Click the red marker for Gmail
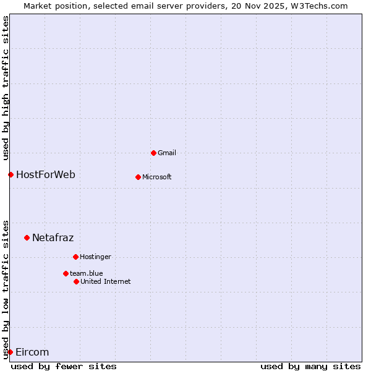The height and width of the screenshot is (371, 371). tap(153, 153)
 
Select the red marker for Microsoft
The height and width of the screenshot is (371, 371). tap(138, 177)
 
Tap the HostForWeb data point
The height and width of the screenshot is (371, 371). tap(11, 174)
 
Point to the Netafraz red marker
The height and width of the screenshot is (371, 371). tap(27, 237)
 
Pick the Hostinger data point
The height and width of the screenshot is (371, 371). tap(75, 257)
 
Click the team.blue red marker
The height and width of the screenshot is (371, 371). tap(66, 273)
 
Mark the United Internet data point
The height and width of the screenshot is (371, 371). tap(76, 281)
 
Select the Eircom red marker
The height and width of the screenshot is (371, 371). tap(10, 352)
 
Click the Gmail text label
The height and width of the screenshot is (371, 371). tap(167, 153)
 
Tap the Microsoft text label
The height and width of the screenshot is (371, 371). tap(157, 177)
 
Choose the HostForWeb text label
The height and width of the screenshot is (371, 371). tap(46, 174)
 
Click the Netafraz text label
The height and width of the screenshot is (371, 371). tap(53, 237)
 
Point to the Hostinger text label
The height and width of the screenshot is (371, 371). tap(95, 257)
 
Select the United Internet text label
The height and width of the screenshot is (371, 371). tap(106, 281)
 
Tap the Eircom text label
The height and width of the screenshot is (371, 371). tap(32, 352)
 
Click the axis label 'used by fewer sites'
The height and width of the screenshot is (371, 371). tap(64, 366)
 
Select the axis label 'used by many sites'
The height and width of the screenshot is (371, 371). tap(310, 366)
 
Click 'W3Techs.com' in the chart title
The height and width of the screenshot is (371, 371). tap(322, 6)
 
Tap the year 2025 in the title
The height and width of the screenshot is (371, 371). tap(276, 6)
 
